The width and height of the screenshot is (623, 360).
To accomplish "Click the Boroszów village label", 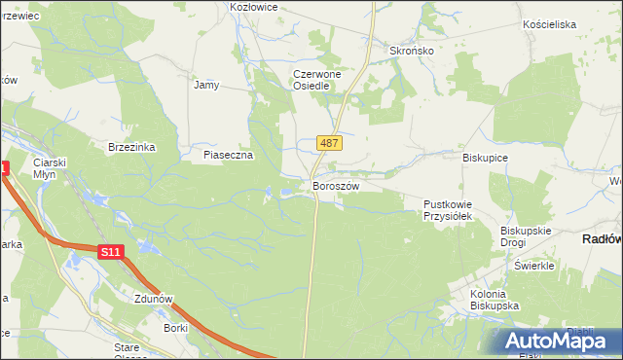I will (x=336, y=185).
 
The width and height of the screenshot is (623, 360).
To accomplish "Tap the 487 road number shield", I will (x=329, y=143).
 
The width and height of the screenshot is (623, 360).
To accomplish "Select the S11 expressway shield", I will (x=111, y=252).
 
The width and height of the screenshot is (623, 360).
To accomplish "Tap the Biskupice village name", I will (x=486, y=157).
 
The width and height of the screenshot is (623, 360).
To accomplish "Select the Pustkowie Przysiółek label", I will (x=447, y=210).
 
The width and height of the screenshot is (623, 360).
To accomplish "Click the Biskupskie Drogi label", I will (x=526, y=236).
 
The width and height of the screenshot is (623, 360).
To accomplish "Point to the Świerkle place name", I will (x=534, y=266).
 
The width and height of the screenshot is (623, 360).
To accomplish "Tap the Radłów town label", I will (x=601, y=238).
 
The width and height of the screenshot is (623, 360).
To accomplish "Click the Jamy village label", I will (x=206, y=85).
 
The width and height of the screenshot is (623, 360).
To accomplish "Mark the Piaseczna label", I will (x=228, y=155).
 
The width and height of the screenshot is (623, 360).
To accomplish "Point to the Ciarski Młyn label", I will (x=48, y=167).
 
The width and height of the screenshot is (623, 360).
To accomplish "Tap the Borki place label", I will (x=175, y=329).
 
